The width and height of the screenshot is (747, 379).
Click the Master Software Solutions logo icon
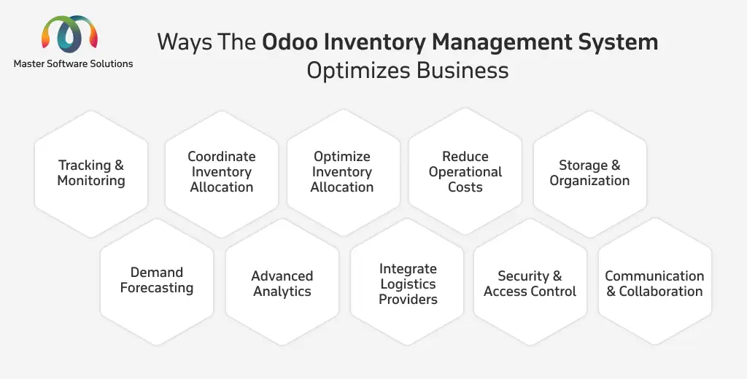click(x=69, y=34)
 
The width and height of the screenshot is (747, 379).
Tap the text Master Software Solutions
click(x=74, y=64)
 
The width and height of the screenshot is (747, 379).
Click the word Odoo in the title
click(x=290, y=42)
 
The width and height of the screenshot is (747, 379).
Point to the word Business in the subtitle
click(x=462, y=71)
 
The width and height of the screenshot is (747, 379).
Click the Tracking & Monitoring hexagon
click(x=91, y=173)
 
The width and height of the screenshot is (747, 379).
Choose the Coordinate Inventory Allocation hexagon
click(x=222, y=173)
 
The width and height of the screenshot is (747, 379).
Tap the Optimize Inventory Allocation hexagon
click(x=343, y=172)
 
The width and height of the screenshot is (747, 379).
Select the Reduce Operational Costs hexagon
click(x=465, y=171)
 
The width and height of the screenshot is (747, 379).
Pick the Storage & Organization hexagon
click(x=589, y=173)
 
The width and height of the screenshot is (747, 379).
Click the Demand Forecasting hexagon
click(x=157, y=282)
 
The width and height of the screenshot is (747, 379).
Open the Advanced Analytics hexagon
click(x=282, y=282)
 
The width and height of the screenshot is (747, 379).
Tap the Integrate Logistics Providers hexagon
click(x=407, y=282)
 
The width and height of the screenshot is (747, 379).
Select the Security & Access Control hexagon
click(x=530, y=282)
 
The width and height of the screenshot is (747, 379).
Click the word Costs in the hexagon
click(x=465, y=187)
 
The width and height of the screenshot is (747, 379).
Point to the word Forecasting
click(x=157, y=289)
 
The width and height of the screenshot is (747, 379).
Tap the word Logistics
click(x=409, y=284)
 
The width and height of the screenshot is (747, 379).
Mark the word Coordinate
click(x=222, y=157)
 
